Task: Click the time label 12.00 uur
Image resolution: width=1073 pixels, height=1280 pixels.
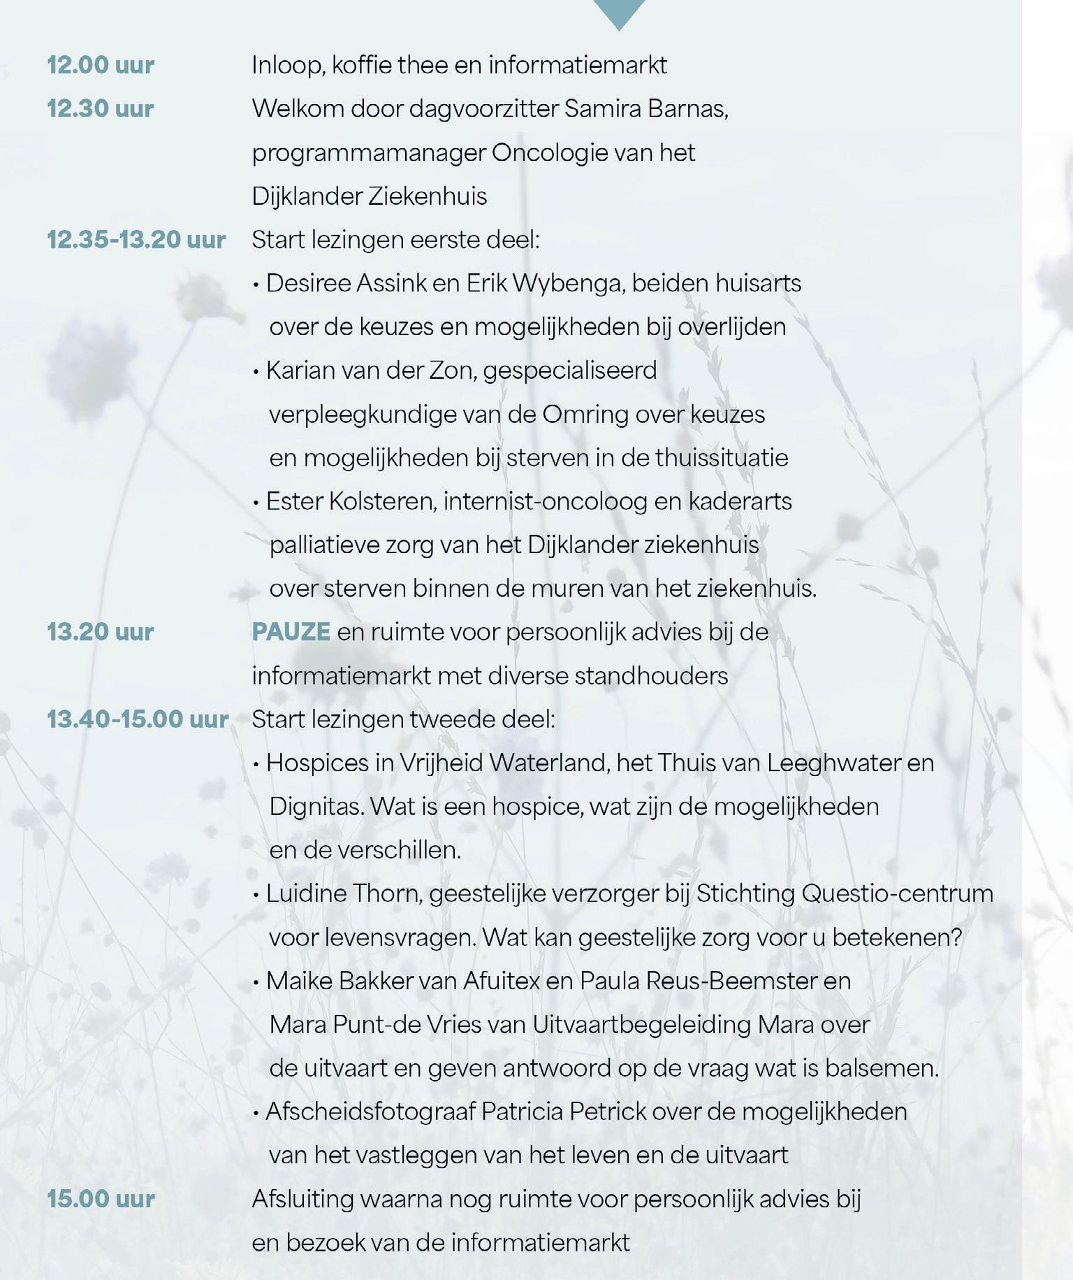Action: point(101,65)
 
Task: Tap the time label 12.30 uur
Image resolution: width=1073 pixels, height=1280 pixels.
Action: point(101,108)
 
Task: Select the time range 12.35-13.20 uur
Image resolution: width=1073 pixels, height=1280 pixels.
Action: point(136,240)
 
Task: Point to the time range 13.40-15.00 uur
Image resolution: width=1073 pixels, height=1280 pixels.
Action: point(138,719)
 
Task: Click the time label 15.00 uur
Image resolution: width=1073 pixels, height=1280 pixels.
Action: point(101,1198)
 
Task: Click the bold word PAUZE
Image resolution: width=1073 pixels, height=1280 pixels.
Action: point(291,631)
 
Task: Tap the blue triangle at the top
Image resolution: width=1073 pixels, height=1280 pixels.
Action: point(619,13)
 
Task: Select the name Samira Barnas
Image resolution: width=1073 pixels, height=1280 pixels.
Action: point(645,109)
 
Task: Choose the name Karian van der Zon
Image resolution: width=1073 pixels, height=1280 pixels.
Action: point(371,370)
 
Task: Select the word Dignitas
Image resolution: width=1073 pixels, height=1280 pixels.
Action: point(316,807)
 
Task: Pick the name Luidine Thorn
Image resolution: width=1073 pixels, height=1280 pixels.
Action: point(344,893)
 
